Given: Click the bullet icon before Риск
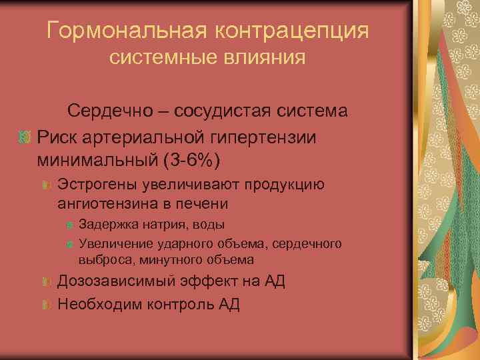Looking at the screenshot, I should click(25, 137).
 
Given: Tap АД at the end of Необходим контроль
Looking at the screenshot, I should click(229, 305).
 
